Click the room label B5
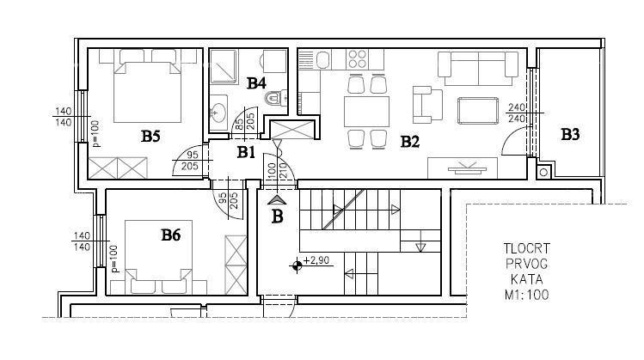151,136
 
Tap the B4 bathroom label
256,83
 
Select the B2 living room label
409,142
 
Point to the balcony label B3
570,134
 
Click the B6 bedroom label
170,233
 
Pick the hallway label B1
247,153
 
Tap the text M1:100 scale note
527,295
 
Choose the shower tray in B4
225,65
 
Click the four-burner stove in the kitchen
359,59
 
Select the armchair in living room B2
425,104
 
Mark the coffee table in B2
479,110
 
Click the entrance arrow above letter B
277,199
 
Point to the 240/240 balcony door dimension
516,113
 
